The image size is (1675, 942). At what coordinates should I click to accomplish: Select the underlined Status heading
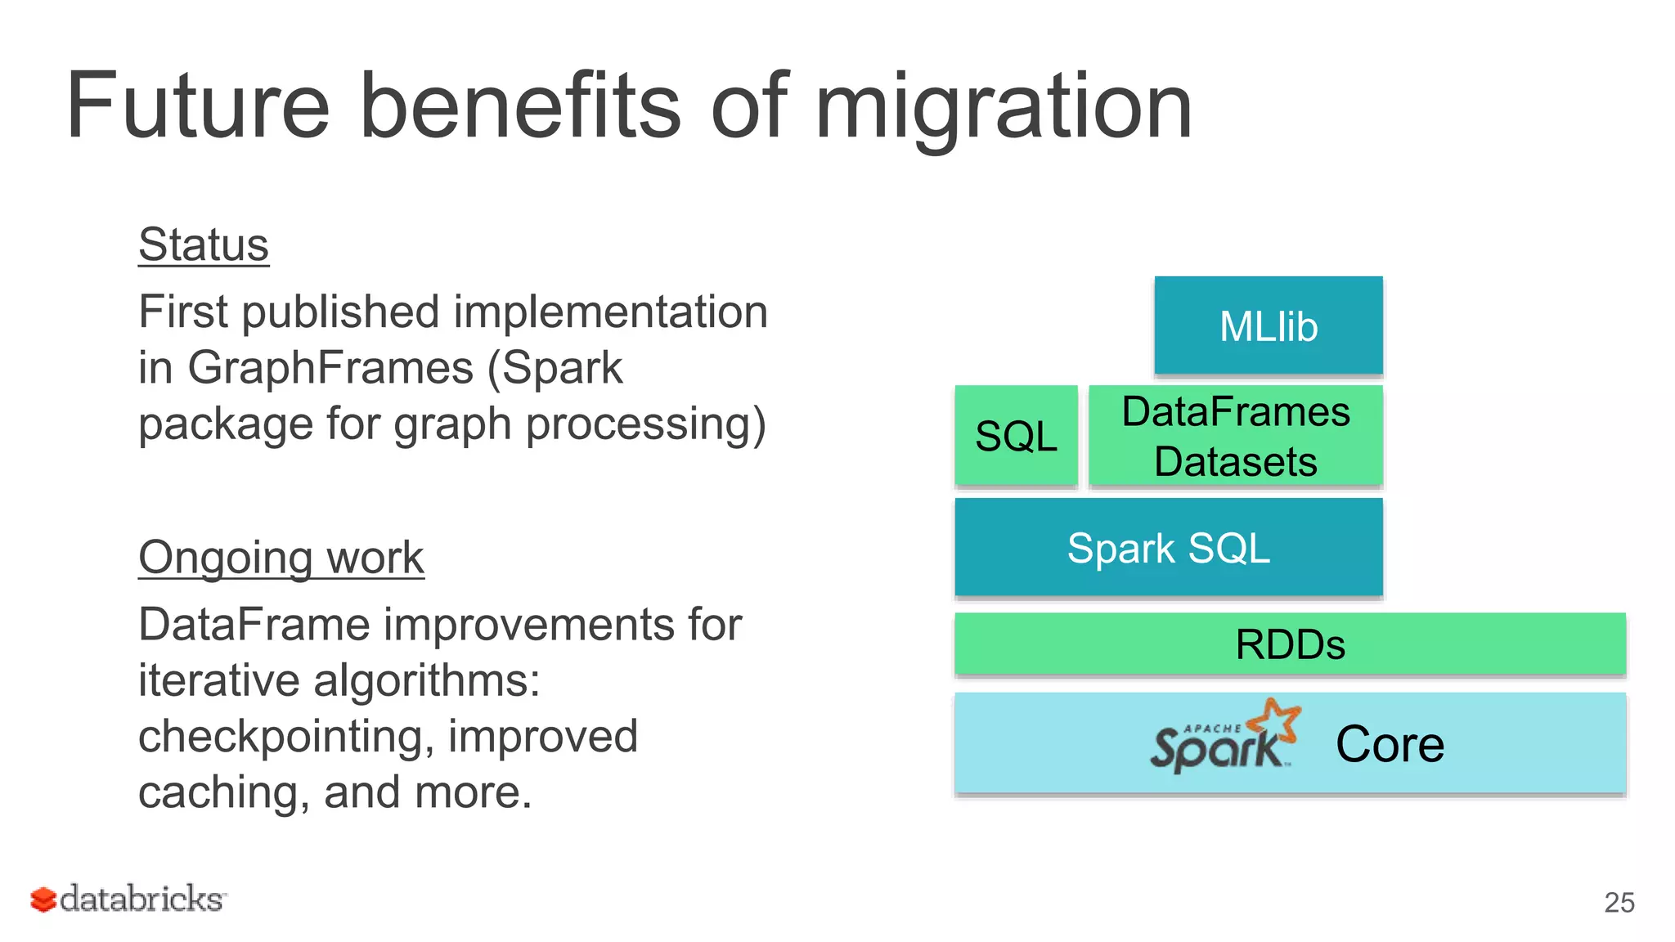204,244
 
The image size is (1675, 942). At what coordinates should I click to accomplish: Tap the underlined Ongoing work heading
281,558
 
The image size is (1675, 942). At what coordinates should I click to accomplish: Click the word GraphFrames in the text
330,368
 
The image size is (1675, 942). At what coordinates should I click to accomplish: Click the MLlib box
1268,326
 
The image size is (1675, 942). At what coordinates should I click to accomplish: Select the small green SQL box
1016,436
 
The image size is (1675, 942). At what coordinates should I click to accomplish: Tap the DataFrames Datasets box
1235,436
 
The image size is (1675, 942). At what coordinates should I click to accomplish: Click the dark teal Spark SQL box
1168,548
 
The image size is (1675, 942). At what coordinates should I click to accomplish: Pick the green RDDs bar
1290,644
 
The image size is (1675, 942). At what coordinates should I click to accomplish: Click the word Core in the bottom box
1390,744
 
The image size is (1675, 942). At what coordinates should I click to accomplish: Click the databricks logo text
141,899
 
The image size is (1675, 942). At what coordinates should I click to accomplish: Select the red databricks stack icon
43,899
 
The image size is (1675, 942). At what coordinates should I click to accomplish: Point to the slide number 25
1619,903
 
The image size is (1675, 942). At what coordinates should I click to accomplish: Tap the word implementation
611,312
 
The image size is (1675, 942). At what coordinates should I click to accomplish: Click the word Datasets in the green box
1235,462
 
